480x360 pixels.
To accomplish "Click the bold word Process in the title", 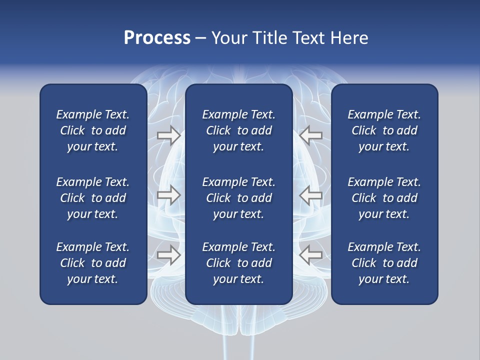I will point(157,38).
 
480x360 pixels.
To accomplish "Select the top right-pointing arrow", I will point(168,135).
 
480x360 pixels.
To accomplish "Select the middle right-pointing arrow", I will point(168,195).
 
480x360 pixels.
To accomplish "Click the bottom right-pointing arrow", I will point(168,254).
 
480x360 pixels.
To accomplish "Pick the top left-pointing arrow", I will point(311,135).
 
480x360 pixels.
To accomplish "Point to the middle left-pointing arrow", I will point(311,195).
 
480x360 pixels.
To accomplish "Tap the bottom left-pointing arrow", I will point(311,254).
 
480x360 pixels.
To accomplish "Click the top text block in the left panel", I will point(93,130).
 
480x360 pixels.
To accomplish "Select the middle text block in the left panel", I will point(93,198).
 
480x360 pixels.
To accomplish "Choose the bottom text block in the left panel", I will point(93,263).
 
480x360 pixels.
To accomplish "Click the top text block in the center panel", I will point(239,130).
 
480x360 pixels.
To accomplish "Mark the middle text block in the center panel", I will point(239,198).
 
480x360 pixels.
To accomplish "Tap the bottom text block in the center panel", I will point(239,263).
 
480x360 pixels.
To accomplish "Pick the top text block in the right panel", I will point(384,130).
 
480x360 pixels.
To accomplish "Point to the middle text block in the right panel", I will point(384,198).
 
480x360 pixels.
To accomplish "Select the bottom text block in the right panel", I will point(384,263).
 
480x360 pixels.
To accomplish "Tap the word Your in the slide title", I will point(227,38).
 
